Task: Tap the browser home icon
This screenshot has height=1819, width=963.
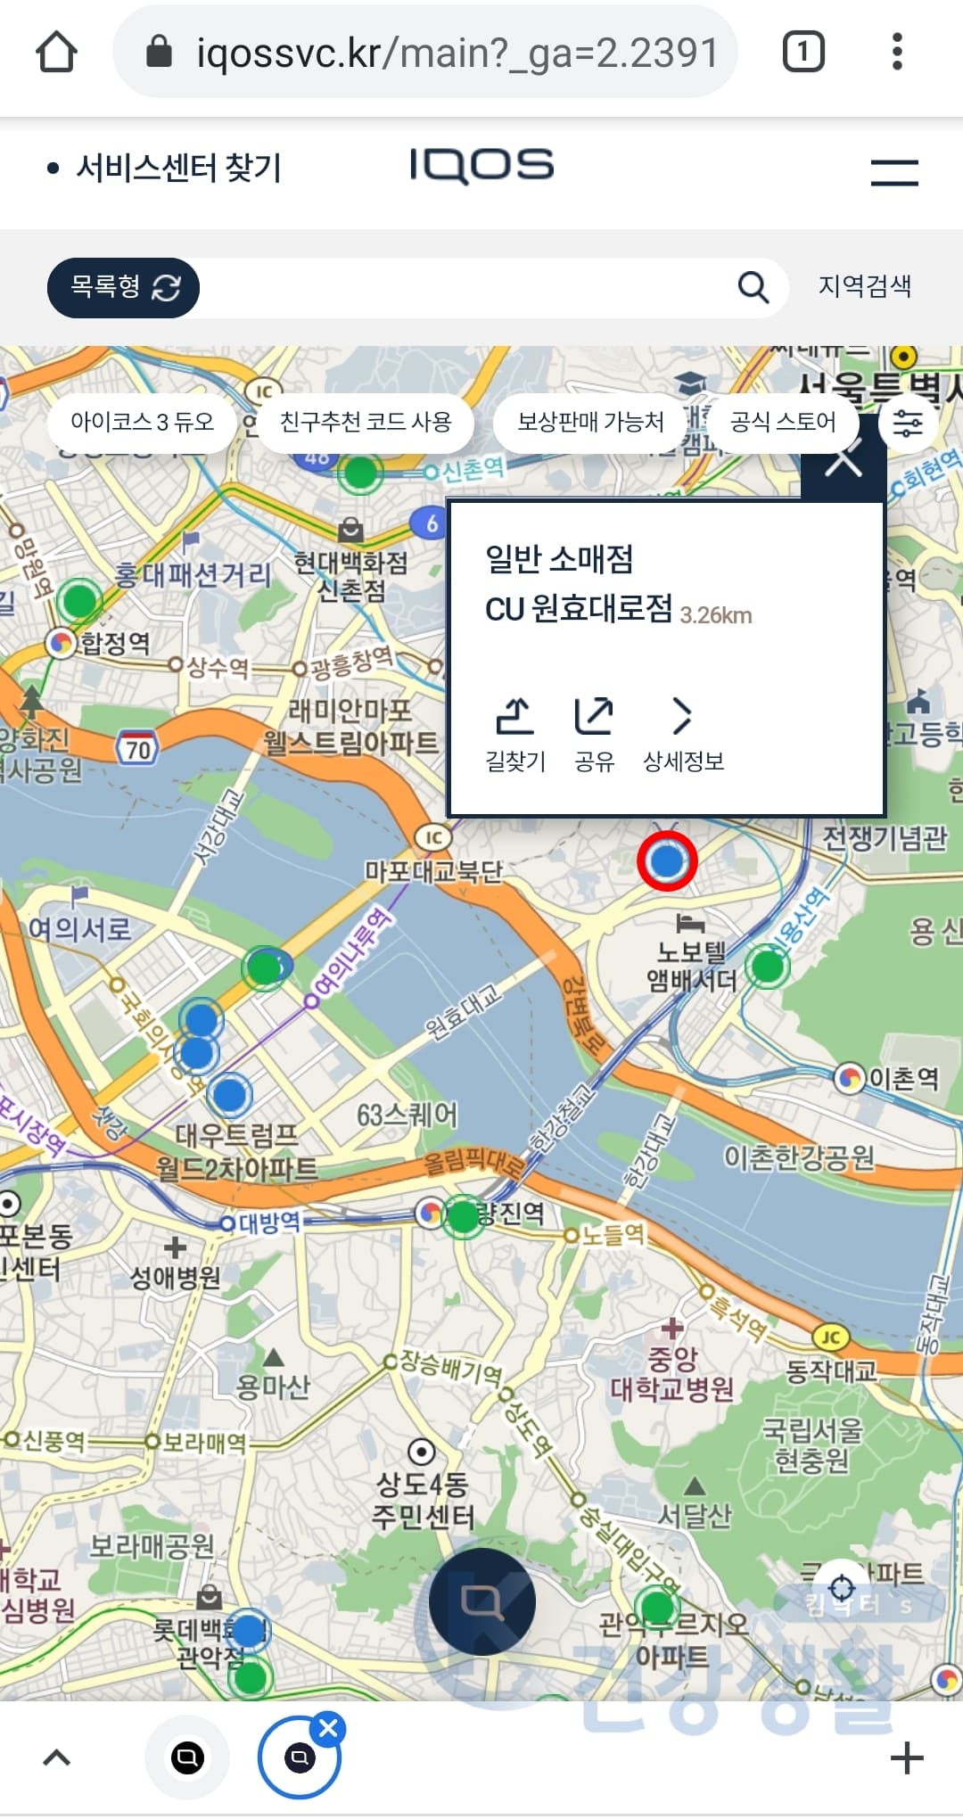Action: (56, 52)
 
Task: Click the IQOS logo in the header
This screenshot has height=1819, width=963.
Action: (481, 166)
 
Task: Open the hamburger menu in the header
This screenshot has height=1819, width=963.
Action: (894, 171)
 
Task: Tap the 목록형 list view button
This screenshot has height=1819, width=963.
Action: (123, 287)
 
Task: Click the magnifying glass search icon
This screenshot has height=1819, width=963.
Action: (753, 287)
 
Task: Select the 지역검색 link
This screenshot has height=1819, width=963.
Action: (864, 286)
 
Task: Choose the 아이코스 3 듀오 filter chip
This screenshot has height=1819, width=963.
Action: (143, 422)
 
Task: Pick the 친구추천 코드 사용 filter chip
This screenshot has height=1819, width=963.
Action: (366, 422)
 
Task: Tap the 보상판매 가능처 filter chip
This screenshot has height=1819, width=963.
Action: (590, 422)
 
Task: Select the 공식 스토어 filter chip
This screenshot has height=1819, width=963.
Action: (782, 422)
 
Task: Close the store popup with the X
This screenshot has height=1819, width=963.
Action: (843, 462)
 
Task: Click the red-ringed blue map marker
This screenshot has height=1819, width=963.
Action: (667, 861)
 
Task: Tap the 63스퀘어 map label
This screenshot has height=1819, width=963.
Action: (407, 1115)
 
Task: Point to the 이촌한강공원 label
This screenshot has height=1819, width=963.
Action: (798, 1157)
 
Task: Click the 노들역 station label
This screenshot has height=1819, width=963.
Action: (612, 1234)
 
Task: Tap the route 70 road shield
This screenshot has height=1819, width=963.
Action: (137, 748)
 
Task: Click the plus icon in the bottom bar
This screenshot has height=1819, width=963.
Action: (907, 1758)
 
